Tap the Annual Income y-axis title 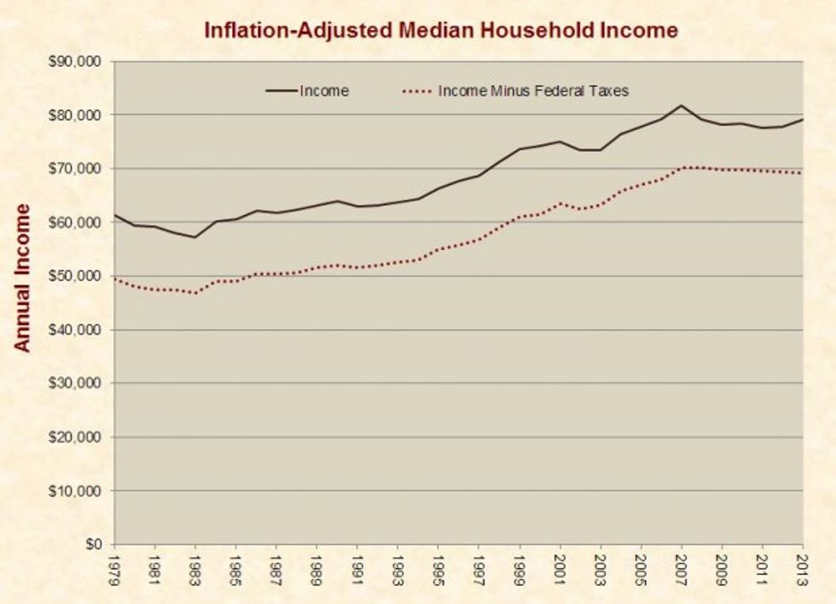coord(23,277)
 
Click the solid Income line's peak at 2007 coord(682,106)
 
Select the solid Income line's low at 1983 coord(195,237)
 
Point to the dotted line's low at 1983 coord(195,293)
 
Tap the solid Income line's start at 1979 coord(114,215)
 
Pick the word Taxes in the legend coord(611,90)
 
